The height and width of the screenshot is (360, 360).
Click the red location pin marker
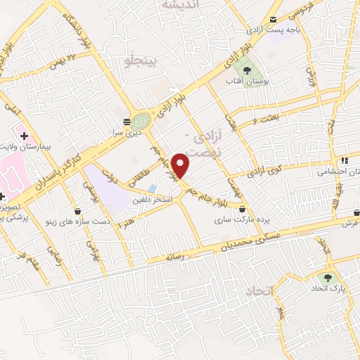[181, 165]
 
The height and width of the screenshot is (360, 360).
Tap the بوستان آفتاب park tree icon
[247, 70]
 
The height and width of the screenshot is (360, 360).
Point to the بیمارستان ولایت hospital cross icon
[24, 134]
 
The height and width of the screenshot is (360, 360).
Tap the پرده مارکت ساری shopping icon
[243, 209]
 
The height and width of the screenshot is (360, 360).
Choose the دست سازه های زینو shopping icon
[78, 210]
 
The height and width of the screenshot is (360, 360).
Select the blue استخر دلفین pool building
[153, 188]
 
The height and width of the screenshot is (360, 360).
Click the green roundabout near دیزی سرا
[141, 120]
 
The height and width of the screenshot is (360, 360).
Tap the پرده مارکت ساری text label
[241, 221]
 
